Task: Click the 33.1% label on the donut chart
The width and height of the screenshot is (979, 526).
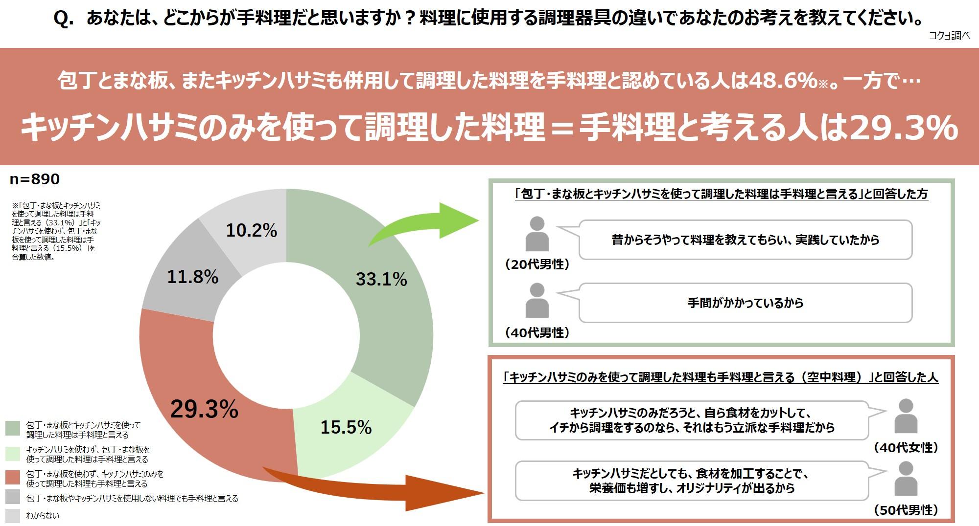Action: click(x=381, y=279)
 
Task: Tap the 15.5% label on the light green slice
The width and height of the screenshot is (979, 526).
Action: click(x=346, y=427)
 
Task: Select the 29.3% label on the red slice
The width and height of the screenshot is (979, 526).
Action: click(x=204, y=409)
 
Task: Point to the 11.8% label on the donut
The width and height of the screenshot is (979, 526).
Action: click(x=193, y=277)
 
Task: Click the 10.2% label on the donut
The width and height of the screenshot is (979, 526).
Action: click(x=252, y=230)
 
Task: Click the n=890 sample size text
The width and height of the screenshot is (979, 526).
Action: click(x=35, y=179)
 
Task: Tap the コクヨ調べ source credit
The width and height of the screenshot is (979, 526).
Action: click(x=949, y=36)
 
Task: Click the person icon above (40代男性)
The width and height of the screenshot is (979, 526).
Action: click(x=537, y=300)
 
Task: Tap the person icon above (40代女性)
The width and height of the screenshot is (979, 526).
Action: click(x=906, y=416)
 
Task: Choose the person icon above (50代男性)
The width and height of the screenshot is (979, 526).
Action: click(x=906, y=479)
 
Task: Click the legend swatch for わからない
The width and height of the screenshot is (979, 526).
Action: click(x=13, y=516)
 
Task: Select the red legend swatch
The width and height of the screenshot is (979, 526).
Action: click(x=13, y=477)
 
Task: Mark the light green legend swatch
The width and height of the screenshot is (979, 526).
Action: click(x=13, y=453)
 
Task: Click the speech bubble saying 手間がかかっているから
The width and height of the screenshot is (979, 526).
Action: click(x=745, y=303)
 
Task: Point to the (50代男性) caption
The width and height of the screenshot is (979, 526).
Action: click(x=906, y=510)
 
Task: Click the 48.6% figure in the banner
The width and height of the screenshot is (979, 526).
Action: click(x=783, y=81)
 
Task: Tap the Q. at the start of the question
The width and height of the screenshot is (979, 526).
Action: click(x=64, y=19)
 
